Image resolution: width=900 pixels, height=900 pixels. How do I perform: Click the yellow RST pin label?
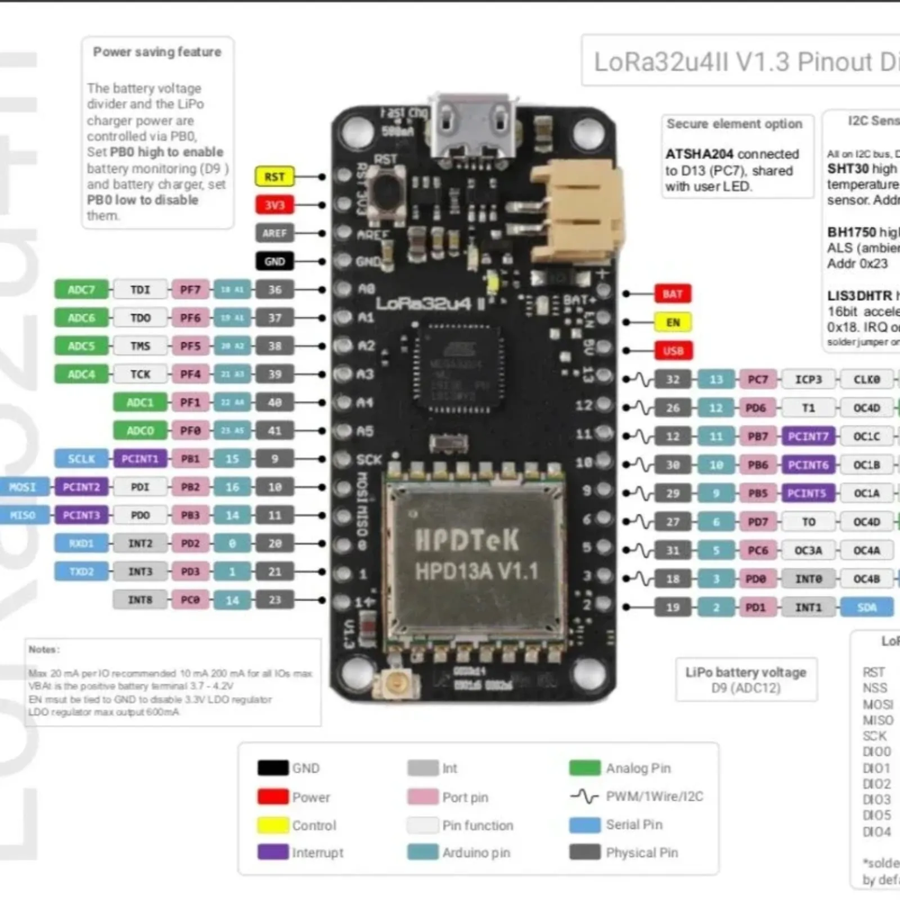click(x=274, y=177)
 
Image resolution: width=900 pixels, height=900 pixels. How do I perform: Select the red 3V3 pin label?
click(x=274, y=205)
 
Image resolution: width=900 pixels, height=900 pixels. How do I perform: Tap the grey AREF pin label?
click(x=274, y=233)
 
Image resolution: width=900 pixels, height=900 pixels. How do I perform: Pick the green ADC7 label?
click(x=81, y=290)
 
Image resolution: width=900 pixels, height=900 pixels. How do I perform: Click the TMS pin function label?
click(x=140, y=346)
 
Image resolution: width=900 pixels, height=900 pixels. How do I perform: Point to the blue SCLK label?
click(x=81, y=459)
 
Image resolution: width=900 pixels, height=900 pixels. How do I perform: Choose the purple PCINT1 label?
click(x=140, y=459)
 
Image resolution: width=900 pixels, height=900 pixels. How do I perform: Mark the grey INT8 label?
click(x=140, y=600)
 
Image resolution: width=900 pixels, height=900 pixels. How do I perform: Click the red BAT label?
click(x=673, y=294)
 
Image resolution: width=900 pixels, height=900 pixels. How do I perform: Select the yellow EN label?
click(x=673, y=322)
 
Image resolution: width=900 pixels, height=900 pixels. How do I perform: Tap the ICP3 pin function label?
click(x=808, y=380)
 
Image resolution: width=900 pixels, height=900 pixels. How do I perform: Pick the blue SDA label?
click(x=867, y=607)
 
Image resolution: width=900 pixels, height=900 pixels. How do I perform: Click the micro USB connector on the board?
click(x=473, y=126)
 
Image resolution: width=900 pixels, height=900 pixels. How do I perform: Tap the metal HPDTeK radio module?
click(x=475, y=557)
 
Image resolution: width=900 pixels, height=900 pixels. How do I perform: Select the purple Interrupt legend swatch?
click(x=273, y=852)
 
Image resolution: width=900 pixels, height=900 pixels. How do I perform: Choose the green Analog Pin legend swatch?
click(x=584, y=768)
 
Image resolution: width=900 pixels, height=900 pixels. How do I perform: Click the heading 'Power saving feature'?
click(x=157, y=52)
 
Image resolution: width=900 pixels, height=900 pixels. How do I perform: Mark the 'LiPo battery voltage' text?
click(x=745, y=672)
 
